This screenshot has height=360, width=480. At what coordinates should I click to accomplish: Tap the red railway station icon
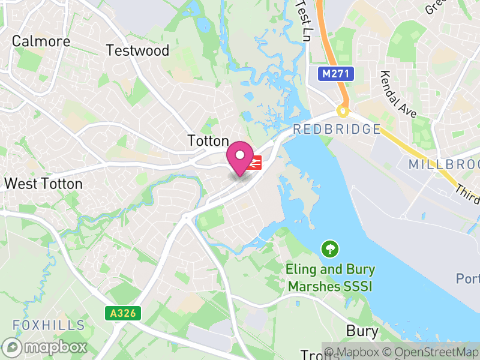(x=254, y=163)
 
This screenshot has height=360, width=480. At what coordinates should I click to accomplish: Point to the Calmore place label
(x=41, y=41)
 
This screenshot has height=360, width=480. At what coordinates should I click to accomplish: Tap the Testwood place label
(x=137, y=50)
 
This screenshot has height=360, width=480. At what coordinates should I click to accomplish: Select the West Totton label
(x=43, y=184)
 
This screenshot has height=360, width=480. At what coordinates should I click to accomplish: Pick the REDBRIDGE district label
(x=337, y=130)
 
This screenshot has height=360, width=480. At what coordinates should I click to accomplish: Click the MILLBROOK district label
(x=444, y=164)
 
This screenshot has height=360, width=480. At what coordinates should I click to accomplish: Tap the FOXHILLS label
(x=49, y=325)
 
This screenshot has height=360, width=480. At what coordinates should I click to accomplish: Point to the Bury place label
(x=362, y=331)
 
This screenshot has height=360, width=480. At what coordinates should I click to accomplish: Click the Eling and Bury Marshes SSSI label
(x=329, y=278)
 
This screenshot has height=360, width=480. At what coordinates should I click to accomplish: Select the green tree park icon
(x=329, y=248)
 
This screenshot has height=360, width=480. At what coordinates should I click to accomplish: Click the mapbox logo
(x=45, y=347)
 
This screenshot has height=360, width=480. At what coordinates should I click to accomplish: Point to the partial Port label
(x=468, y=279)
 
